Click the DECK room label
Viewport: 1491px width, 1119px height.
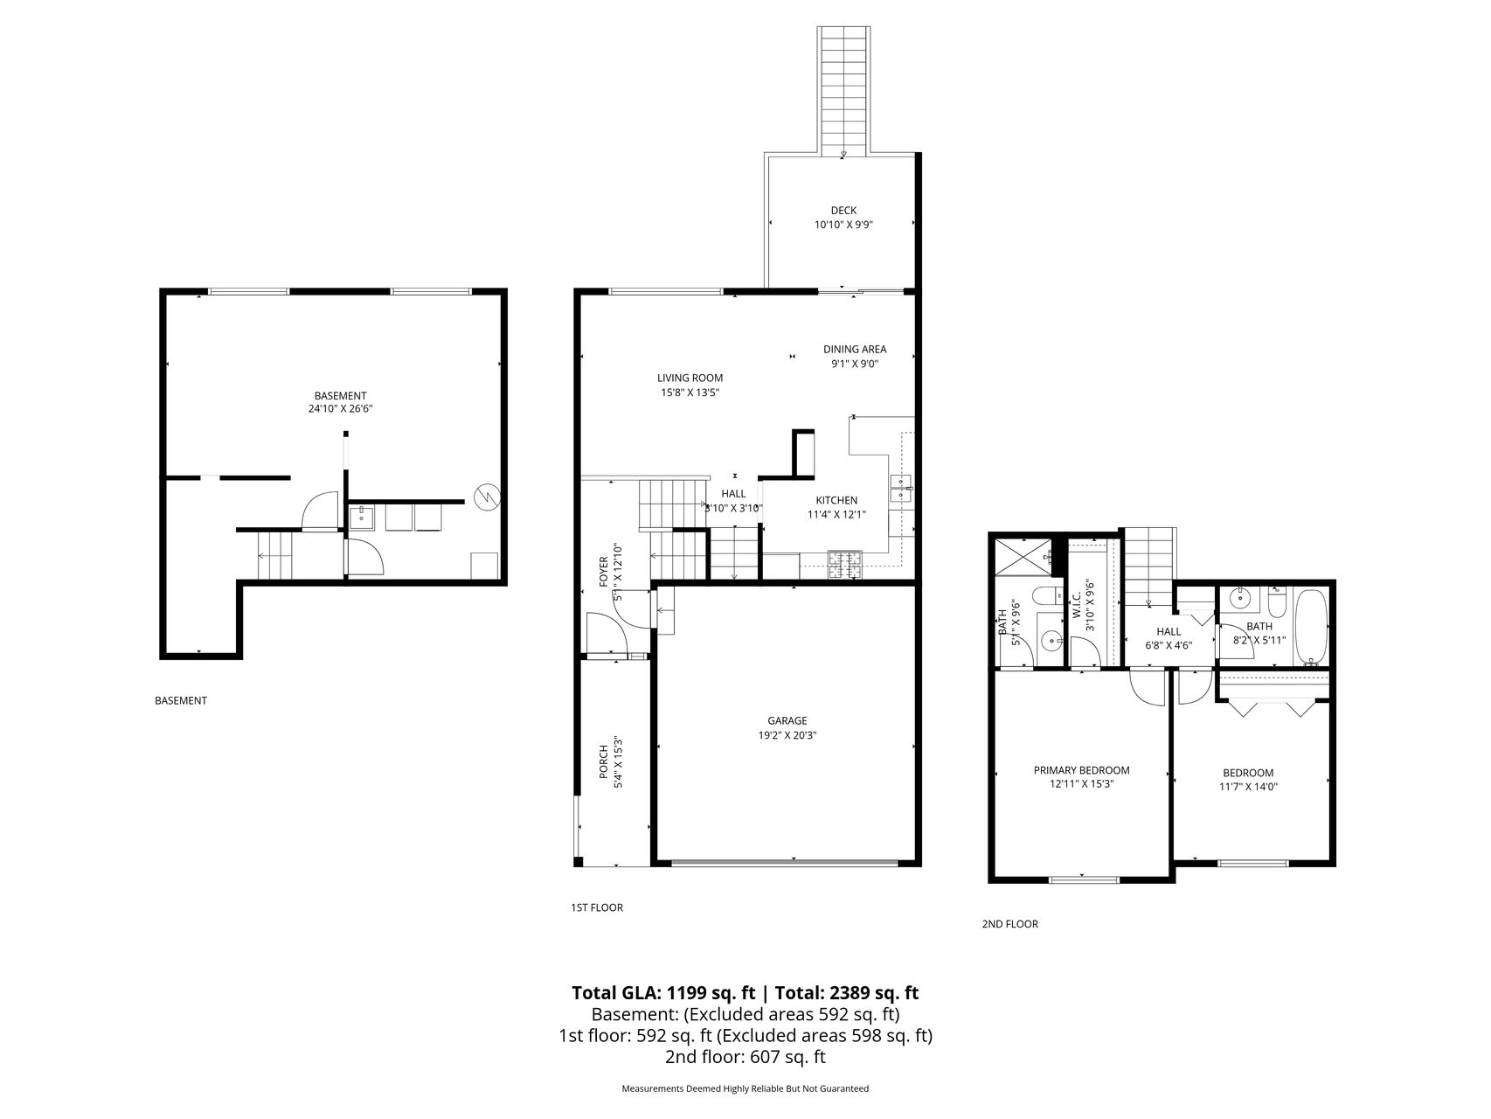pyautogui.click(x=843, y=210)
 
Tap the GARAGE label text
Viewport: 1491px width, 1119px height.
pyautogui.click(x=787, y=721)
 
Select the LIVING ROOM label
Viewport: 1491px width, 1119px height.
pyautogui.click(x=690, y=379)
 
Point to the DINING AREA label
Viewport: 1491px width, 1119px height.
pyautogui.click(x=855, y=350)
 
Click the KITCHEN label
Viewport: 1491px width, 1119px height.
pyautogui.click(x=836, y=500)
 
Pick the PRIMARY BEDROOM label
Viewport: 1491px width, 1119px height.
pyautogui.click(x=1081, y=770)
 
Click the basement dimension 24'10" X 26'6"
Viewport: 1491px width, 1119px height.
pyautogui.click(x=340, y=408)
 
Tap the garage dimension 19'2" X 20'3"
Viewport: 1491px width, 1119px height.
pyautogui.click(x=787, y=735)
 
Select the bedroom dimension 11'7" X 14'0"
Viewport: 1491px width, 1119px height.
pyautogui.click(x=1248, y=786)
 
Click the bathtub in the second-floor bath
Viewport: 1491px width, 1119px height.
pyautogui.click(x=1311, y=626)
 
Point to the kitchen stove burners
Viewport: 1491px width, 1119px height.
pyautogui.click(x=845, y=564)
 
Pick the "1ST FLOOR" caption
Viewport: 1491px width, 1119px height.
pyautogui.click(x=597, y=907)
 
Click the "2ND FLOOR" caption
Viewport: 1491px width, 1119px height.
pyautogui.click(x=1010, y=924)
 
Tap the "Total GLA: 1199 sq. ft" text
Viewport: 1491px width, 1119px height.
pyautogui.click(x=663, y=993)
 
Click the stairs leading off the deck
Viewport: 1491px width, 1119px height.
pyautogui.click(x=843, y=90)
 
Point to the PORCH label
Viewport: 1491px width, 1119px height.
pyautogui.click(x=603, y=762)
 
